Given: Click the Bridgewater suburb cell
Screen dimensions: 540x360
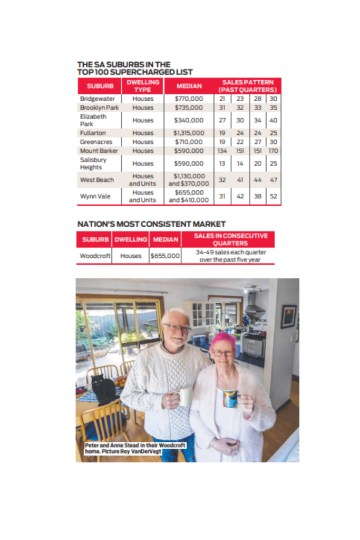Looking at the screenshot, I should click(x=94, y=99).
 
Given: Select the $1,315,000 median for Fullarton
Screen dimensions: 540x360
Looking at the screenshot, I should click(x=189, y=133).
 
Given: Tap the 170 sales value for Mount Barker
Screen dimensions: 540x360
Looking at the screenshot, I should click(x=273, y=151).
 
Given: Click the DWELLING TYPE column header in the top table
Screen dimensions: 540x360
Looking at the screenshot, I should click(x=143, y=86).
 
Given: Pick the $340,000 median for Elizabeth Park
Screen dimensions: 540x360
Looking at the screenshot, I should click(x=189, y=120).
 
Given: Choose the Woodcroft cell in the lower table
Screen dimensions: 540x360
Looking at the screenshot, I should click(x=95, y=256).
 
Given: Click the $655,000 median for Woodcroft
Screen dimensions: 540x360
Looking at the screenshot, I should click(x=165, y=256).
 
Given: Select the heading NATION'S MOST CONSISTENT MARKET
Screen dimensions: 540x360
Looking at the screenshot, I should click(x=151, y=224).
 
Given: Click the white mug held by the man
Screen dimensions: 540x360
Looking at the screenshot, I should click(x=184, y=397).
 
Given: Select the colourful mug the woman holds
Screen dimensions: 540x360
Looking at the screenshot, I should click(x=231, y=398).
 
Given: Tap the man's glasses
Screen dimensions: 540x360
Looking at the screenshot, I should click(x=177, y=327).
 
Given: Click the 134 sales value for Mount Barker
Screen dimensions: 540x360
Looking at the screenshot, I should click(x=222, y=151).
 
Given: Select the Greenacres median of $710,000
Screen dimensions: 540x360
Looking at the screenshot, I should click(x=189, y=142).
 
